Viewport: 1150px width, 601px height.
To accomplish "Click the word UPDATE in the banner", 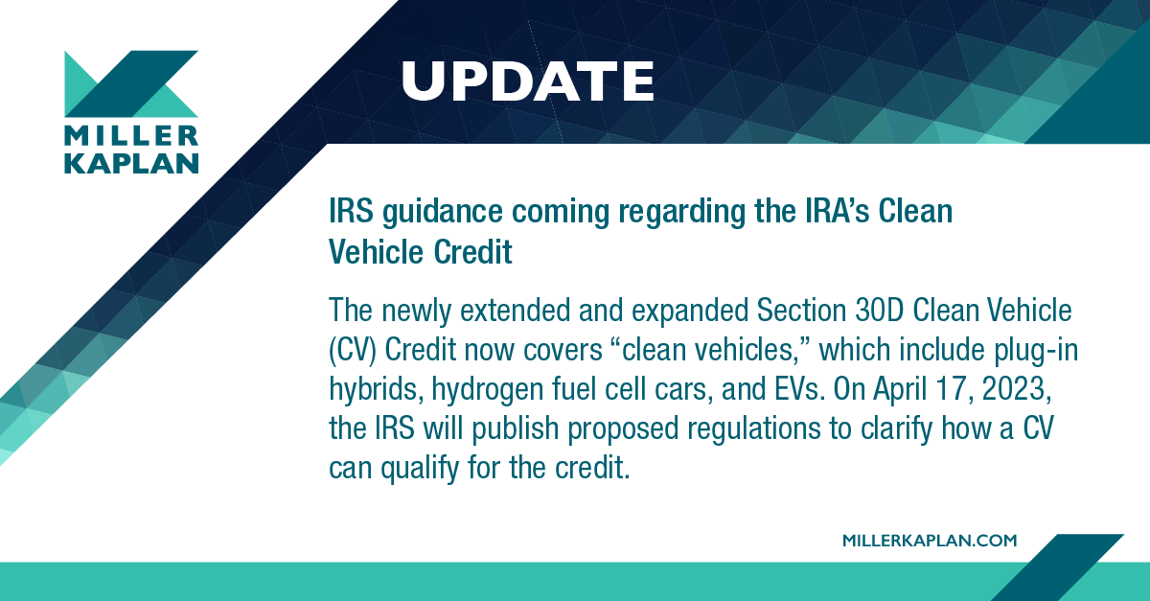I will (527, 81).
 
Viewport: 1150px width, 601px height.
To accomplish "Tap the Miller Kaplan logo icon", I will (130, 85).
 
